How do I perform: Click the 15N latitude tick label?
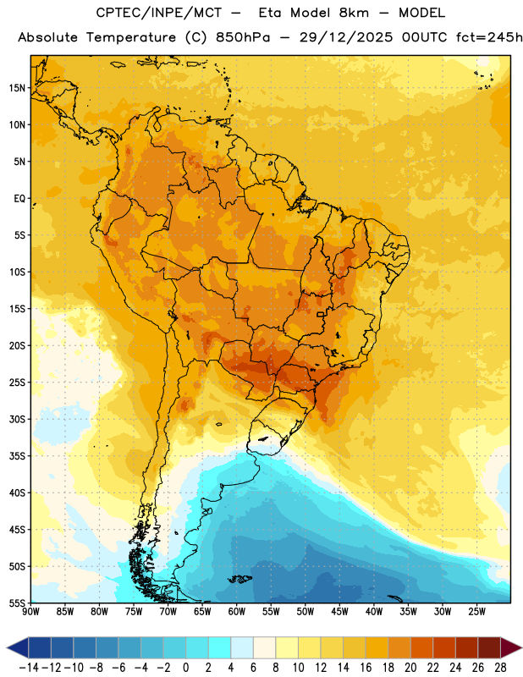coord(17,88)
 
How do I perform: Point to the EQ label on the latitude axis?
coord(19,198)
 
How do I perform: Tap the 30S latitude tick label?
coord(17,419)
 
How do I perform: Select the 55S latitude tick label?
coord(17,603)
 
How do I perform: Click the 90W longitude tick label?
coord(30,611)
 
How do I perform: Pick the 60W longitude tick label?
coord(237,611)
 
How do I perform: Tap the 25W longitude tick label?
coord(476,611)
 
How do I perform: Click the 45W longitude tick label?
coord(339,611)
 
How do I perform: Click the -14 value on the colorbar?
coord(29,668)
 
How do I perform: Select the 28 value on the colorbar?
coord(500,668)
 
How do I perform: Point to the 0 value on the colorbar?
coord(185,668)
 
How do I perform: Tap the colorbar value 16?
coord(366,668)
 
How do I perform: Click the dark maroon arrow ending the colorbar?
coord(509,647)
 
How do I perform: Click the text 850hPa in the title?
coord(243,37)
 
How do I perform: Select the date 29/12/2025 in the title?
coord(346,37)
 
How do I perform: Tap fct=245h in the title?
coord(489,37)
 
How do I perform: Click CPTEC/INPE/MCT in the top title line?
coord(159,13)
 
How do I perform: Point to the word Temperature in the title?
coord(130,38)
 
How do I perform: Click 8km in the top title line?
coord(354,13)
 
